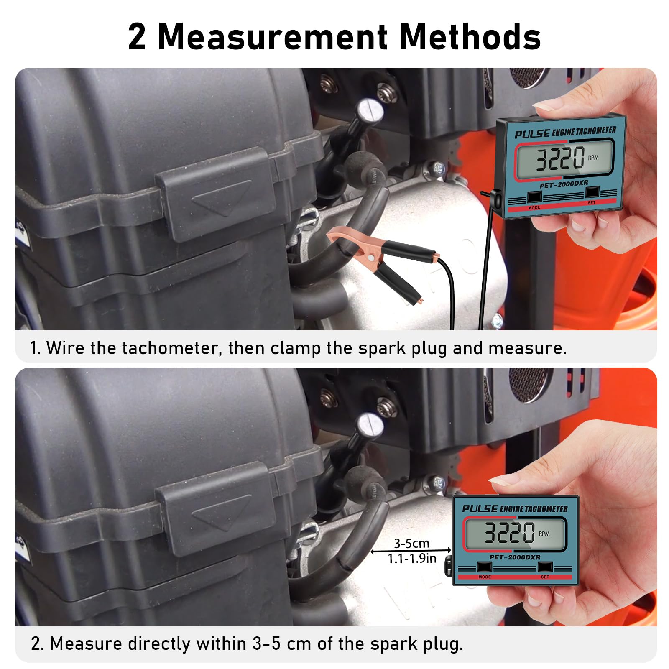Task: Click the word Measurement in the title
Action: click(x=273, y=37)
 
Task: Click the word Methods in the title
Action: click(x=470, y=37)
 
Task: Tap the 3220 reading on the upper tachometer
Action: click(x=560, y=158)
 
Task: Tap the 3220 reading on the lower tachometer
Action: click(x=509, y=533)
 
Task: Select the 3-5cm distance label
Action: click(x=411, y=543)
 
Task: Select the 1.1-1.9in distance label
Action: click(x=412, y=559)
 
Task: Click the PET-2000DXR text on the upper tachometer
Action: click(x=564, y=184)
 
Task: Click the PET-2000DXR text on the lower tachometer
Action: click(x=515, y=557)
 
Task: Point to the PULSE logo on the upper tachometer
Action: click(x=532, y=134)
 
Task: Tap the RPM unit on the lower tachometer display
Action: click(x=544, y=534)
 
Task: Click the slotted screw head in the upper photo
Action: click(x=370, y=110)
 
